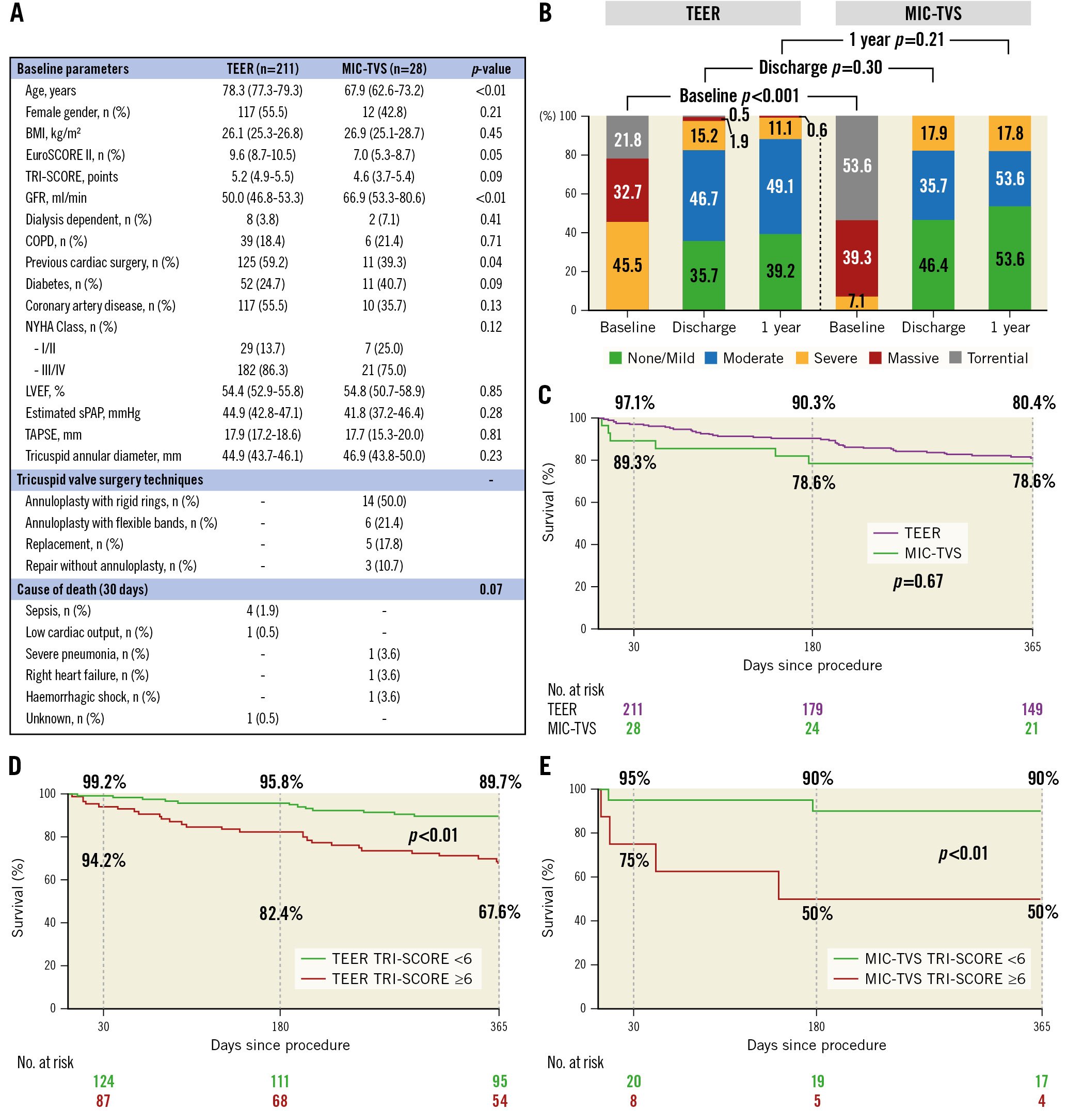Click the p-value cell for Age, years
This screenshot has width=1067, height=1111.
pyautogui.click(x=490, y=91)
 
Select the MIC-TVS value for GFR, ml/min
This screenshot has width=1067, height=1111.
pyautogui.click(x=384, y=198)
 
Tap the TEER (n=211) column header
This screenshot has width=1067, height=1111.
pyautogui.click(x=263, y=69)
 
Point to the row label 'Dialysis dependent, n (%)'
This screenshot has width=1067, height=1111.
pyautogui.click(x=88, y=219)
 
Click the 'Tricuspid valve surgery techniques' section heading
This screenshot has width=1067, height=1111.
pyautogui.click(x=109, y=479)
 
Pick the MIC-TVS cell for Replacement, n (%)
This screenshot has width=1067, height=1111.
pyautogui.click(x=384, y=544)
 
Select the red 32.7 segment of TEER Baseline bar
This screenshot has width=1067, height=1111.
pyautogui.click(x=627, y=191)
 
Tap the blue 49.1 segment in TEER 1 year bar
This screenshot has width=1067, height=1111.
pyautogui.click(x=780, y=186)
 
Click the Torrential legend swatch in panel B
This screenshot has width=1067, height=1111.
pyautogui.click(x=955, y=358)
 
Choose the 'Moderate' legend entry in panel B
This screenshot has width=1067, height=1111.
pyautogui.click(x=744, y=358)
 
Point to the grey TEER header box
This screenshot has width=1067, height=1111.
pyautogui.click(x=703, y=13)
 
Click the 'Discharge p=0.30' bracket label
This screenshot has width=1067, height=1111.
pyautogui.click(x=820, y=68)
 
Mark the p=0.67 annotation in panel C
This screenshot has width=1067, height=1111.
pyautogui.click(x=918, y=582)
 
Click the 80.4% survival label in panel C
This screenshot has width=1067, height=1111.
pyautogui.click(x=1033, y=403)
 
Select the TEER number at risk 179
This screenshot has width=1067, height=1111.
pyautogui.click(x=812, y=709)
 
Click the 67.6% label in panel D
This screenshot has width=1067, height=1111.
pyautogui.click(x=499, y=911)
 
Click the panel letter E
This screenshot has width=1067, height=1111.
pyautogui.click(x=545, y=766)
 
